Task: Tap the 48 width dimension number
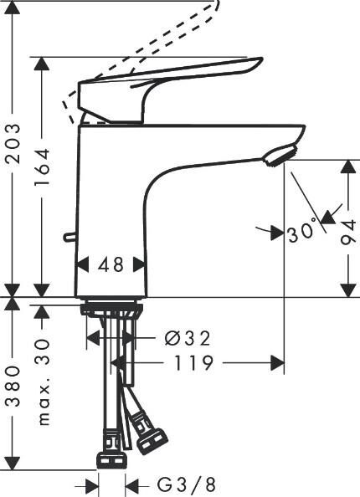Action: [111, 265]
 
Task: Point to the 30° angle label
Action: [301, 230]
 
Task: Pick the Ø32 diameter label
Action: [187, 338]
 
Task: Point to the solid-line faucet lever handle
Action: [167, 79]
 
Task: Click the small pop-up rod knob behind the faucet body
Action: [68, 238]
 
